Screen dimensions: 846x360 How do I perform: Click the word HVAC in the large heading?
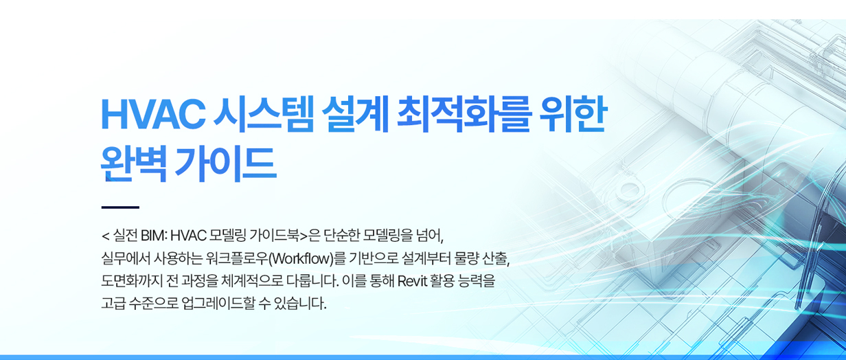pyautogui.click(x=153, y=115)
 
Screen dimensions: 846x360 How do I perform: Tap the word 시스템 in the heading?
pyautogui.click(x=264, y=115)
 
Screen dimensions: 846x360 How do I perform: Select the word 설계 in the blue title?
pyautogui.click(x=356, y=115)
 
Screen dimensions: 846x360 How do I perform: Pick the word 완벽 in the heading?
pyautogui.click(x=134, y=164)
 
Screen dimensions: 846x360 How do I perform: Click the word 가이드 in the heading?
pyautogui.click(x=226, y=164)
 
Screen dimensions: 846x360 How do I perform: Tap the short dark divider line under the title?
pyautogui.click(x=120, y=207)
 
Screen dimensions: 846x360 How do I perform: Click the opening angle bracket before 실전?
pyautogui.click(x=105, y=236)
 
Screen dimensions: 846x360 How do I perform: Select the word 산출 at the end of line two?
pyautogui.click(x=494, y=259)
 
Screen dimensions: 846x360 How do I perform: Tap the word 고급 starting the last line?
pyautogui.click(x=113, y=304)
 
